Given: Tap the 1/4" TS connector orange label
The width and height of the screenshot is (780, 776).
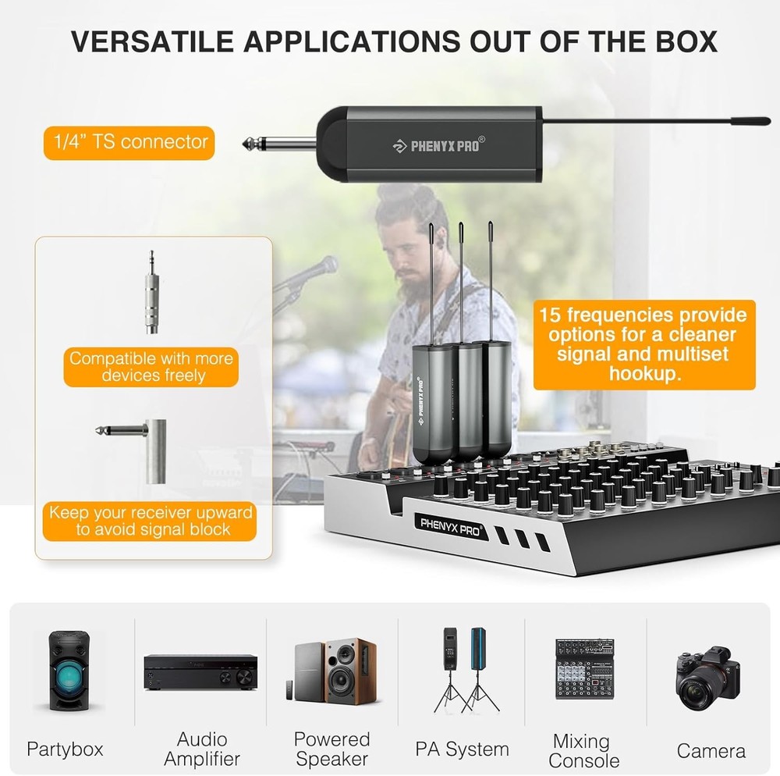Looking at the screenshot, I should [x=129, y=142].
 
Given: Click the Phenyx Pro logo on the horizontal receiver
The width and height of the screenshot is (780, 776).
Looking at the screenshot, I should [x=437, y=145].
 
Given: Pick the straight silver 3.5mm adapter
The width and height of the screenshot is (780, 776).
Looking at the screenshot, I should [x=151, y=292].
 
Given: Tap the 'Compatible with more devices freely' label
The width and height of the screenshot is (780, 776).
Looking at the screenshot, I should [x=151, y=367].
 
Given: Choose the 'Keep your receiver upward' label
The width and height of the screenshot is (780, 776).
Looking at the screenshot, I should [x=151, y=521].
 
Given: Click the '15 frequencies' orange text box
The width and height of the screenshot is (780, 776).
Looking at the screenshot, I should [x=644, y=344].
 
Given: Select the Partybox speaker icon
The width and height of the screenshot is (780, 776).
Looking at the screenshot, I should [x=66, y=671].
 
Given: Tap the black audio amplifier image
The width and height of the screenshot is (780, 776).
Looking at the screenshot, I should [x=201, y=671].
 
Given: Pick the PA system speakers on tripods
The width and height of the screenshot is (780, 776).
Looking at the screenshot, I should [x=466, y=669].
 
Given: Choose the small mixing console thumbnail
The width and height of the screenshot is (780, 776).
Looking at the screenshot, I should [x=585, y=670].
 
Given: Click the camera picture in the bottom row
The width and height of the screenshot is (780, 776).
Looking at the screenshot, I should [x=707, y=677].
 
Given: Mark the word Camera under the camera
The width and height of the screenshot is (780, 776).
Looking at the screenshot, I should [x=711, y=751].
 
